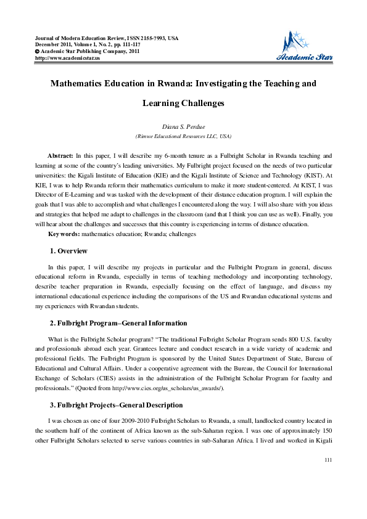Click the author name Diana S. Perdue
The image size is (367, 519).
[183, 126]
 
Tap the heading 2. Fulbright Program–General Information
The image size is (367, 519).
[118, 323]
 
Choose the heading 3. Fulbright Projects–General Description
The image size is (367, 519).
[116, 405]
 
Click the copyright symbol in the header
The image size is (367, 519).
[38, 51]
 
